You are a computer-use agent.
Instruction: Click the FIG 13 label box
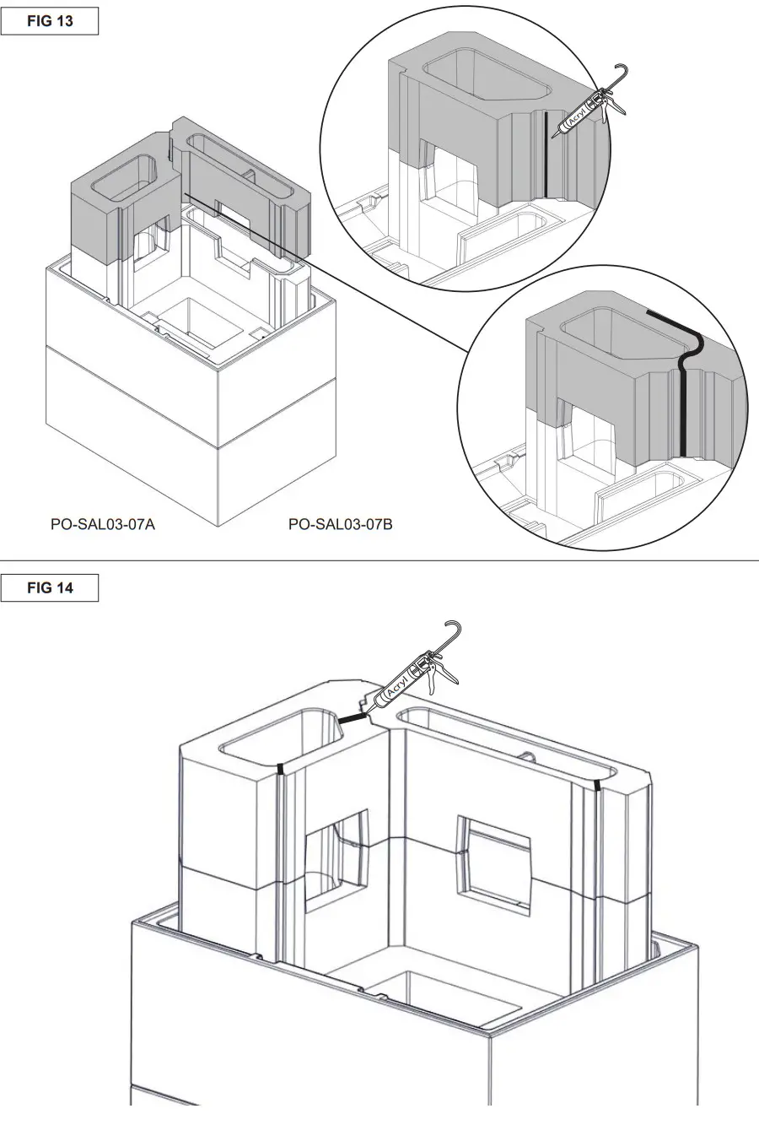[x=50, y=21]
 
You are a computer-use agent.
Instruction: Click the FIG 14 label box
[x=50, y=588]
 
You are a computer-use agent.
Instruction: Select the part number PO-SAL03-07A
[x=103, y=524]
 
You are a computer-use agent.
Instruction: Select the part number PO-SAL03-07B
[x=340, y=524]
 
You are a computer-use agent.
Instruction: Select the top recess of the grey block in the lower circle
[x=616, y=333]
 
